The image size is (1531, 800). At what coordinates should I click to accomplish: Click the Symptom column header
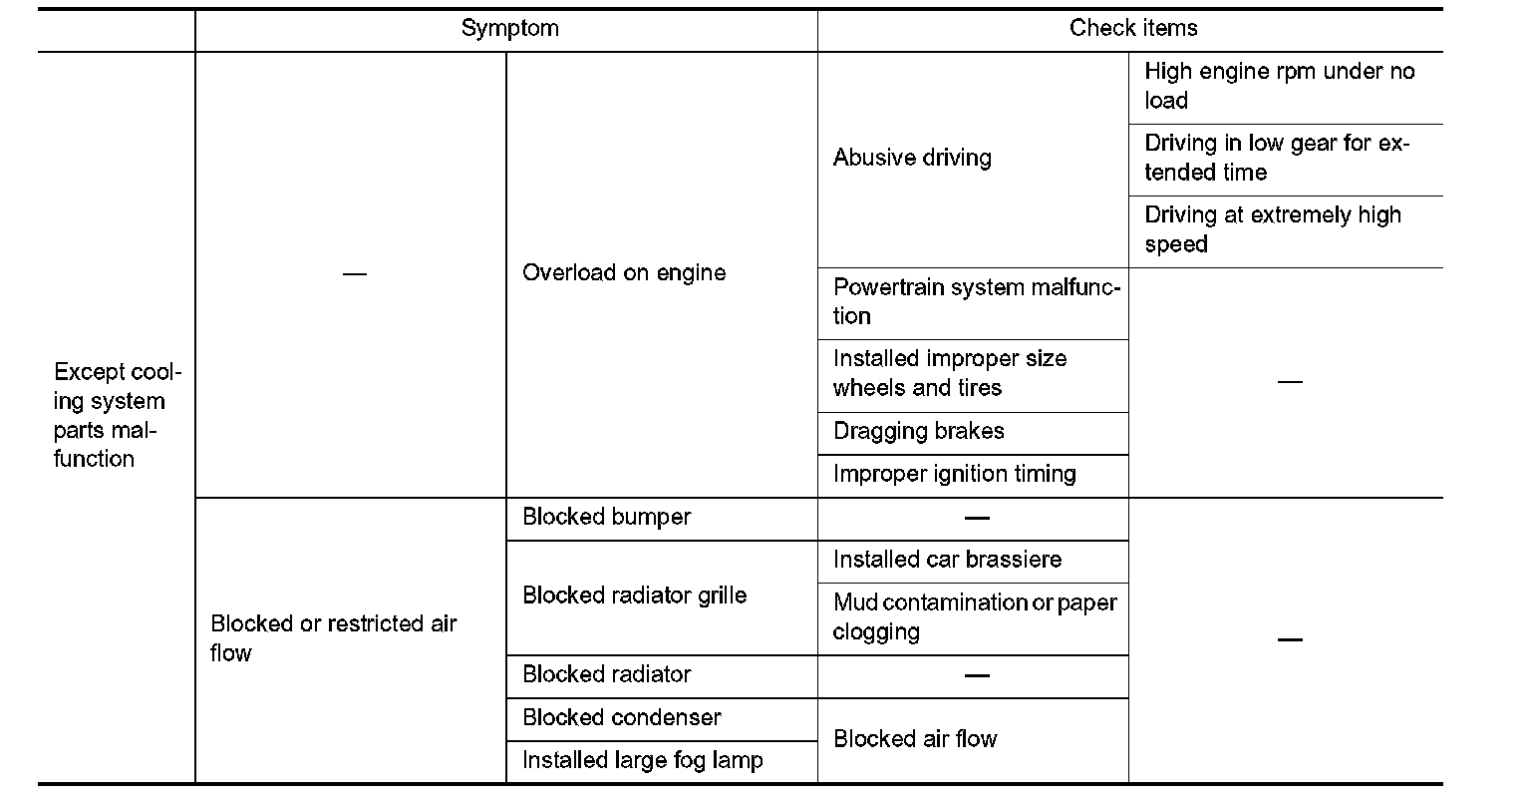(509, 29)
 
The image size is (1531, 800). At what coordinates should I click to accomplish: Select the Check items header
(1133, 29)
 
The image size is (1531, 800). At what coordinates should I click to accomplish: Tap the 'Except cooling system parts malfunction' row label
(118, 416)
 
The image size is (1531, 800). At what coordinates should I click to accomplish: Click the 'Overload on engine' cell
(624, 273)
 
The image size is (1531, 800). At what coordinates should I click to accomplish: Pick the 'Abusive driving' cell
(912, 159)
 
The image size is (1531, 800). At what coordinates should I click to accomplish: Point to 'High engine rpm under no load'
(1279, 86)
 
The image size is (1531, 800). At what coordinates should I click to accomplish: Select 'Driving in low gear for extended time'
(1277, 158)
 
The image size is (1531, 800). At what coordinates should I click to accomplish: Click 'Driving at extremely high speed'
(1273, 229)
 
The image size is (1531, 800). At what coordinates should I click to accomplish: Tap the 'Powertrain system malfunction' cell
(976, 302)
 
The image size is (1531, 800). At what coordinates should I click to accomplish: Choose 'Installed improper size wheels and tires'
(950, 373)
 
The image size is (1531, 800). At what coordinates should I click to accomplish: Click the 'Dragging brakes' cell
(918, 432)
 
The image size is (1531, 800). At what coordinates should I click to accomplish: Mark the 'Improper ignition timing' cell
(954, 474)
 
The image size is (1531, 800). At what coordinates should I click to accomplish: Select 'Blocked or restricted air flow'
(334, 638)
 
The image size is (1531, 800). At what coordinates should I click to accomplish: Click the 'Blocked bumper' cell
(606, 518)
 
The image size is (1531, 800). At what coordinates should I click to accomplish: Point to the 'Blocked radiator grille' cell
(634, 597)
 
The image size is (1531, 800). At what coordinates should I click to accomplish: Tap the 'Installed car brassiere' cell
(947, 561)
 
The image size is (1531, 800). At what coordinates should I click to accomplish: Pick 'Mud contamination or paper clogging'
(974, 617)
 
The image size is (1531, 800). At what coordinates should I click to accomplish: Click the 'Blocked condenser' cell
(621, 718)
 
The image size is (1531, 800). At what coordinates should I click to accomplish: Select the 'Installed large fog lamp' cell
(642, 761)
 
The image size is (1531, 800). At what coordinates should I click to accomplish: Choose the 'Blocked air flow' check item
(915, 739)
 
